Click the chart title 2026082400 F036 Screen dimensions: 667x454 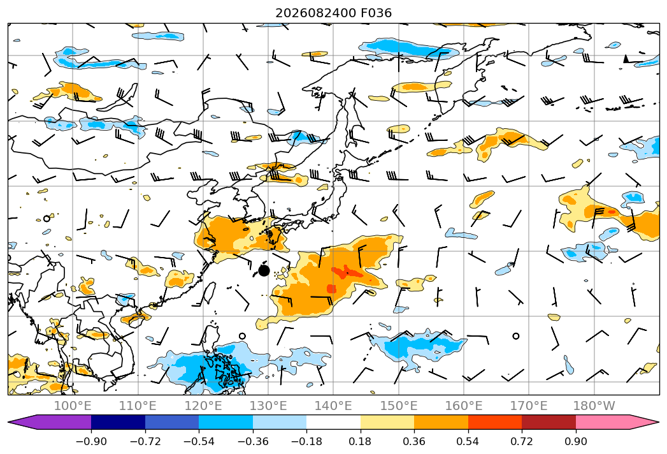(334, 13)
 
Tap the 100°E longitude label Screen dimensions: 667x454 (73, 406)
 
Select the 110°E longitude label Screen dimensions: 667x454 (138, 406)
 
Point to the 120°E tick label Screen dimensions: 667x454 (203, 406)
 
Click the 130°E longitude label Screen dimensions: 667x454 (268, 406)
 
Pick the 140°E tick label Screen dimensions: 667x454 (333, 406)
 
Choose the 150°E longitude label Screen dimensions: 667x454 (399, 406)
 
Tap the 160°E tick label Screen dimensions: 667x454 (464, 406)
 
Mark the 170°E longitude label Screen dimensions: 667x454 (529, 406)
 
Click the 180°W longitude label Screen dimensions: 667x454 (594, 406)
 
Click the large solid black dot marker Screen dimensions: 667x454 (264, 270)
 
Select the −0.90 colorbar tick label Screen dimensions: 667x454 (91, 441)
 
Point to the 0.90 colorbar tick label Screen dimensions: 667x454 (575, 441)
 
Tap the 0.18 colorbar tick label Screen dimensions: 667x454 (361, 441)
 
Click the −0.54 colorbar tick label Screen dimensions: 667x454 (199, 441)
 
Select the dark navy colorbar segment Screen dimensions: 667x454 (118, 422)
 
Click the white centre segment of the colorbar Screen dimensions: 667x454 (334, 422)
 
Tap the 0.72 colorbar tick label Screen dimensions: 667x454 (522, 441)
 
